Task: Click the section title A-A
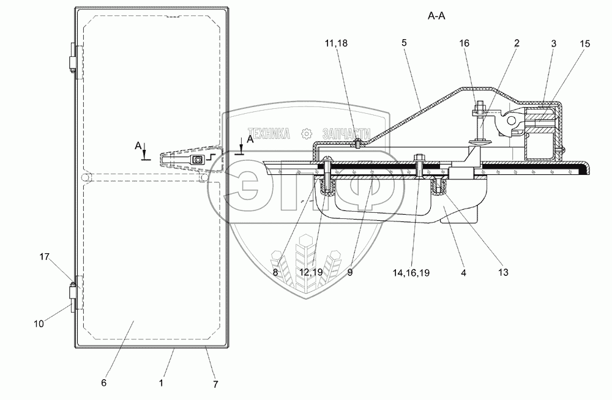click(x=436, y=17)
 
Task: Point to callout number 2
click(x=517, y=44)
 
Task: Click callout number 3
click(x=553, y=44)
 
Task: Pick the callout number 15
click(x=586, y=44)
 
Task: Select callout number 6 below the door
click(x=103, y=383)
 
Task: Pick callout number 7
click(x=215, y=385)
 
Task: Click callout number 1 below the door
click(x=161, y=383)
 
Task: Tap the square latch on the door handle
click(x=197, y=160)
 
